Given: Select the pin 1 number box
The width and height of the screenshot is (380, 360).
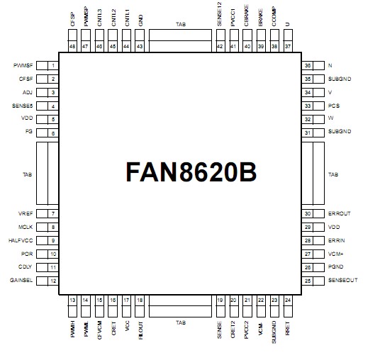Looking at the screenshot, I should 53,65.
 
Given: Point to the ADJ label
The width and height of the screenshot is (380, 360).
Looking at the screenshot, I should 28,92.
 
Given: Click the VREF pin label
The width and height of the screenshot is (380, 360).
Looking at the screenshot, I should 26,214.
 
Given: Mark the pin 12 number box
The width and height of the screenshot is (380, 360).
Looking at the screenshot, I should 53,281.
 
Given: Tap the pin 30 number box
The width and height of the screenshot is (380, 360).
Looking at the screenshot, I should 308,214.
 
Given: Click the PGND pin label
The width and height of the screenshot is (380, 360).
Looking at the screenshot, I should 336,267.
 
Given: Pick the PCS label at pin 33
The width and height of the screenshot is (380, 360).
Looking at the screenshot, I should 335,106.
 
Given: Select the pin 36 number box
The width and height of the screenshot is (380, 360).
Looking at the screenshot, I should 308,65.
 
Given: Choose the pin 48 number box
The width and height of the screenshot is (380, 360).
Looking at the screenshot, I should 73,46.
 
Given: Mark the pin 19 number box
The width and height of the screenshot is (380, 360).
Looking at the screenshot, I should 220,300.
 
